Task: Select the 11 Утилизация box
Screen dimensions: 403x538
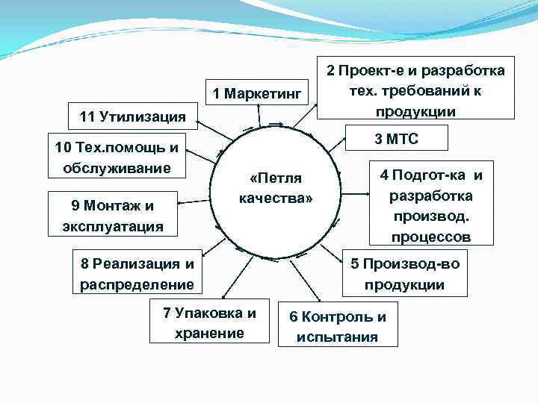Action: tap(133, 116)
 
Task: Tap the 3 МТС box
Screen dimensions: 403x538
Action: tap(397, 139)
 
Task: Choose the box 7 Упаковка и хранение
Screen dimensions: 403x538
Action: tap(209, 322)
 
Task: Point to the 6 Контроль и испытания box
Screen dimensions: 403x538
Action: tap(338, 326)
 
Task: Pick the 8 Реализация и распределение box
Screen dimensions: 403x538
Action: tap(137, 273)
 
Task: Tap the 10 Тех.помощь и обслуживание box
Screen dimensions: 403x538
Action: tap(117, 157)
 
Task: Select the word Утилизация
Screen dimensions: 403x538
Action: tap(143, 116)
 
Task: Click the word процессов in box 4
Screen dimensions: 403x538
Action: tap(430, 237)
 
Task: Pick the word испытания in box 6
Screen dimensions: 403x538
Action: tap(337, 337)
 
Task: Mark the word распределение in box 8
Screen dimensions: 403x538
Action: tap(137, 284)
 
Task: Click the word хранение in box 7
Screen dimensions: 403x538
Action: tap(209, 333)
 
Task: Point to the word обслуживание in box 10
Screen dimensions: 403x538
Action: tap(117, 168)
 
